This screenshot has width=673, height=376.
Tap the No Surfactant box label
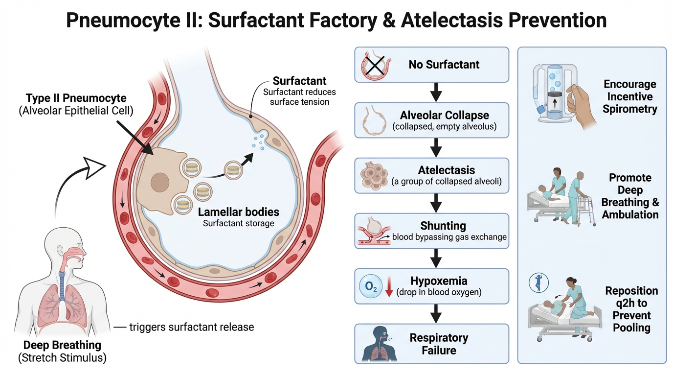point(444,65)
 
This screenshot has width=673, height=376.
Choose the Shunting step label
point(443,226)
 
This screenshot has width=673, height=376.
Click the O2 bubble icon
point(368,286)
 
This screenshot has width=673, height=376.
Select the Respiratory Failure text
point(439,344)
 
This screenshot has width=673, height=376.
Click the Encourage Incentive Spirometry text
point(630,96)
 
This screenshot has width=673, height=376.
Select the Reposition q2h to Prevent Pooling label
point(631,309)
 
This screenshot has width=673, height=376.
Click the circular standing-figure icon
point(539,282)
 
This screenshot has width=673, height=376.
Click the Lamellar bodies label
point(238,212)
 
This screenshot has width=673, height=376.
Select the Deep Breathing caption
point(62,346)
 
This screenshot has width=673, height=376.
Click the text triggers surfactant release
point(191,327)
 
